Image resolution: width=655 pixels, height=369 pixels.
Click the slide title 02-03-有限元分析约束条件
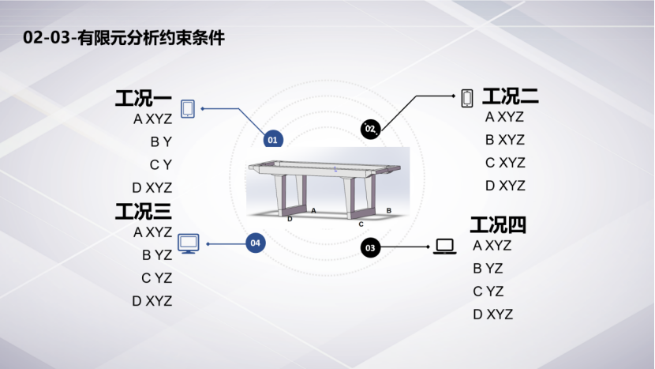125,38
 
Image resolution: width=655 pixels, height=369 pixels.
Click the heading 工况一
143,100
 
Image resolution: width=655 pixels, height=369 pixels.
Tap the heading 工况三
143,212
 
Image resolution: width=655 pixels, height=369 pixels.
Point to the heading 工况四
498,224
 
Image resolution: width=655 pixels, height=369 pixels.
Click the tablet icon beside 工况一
188,109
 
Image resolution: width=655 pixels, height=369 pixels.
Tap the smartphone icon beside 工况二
467,98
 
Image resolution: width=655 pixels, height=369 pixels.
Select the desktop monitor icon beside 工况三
189,244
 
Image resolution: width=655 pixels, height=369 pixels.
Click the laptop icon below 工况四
445,247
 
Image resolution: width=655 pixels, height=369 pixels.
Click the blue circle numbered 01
272,140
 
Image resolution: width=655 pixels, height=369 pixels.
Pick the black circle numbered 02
370,128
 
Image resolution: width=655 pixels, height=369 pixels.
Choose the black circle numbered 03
371,248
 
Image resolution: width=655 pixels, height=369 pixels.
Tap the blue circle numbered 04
255,243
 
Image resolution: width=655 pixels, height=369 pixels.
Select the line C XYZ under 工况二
505,163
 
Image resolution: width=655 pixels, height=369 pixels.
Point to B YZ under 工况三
157,255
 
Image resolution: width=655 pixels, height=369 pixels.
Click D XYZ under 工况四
493,314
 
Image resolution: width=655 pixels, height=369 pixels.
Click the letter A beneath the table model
313,211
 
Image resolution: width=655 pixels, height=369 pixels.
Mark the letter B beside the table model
388,210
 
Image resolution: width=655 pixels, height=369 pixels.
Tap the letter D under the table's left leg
290,219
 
